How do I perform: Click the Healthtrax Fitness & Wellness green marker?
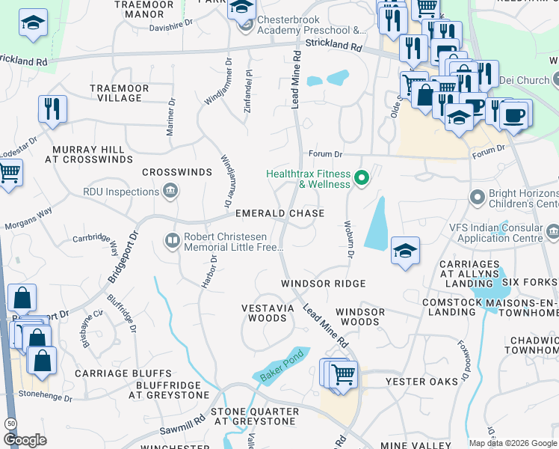click(x=362, y=178)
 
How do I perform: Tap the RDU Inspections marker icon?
click(x=170, y=191)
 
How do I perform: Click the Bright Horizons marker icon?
click(x=477, y=198)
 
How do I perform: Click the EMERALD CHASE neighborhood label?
click(x=279, y=213)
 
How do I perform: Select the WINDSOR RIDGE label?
click(x=323, y=284)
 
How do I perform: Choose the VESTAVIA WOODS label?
click(x=264, y=313)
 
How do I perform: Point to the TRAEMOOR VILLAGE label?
click(x=119, y=93)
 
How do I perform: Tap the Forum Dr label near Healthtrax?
click(x=327, y=155)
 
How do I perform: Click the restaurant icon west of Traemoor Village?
click(x=52, y=109)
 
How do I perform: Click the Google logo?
click(x=25, y=440)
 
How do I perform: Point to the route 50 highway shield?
click(x=10, y=424)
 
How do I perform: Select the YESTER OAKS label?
click(x=421, y=382)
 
